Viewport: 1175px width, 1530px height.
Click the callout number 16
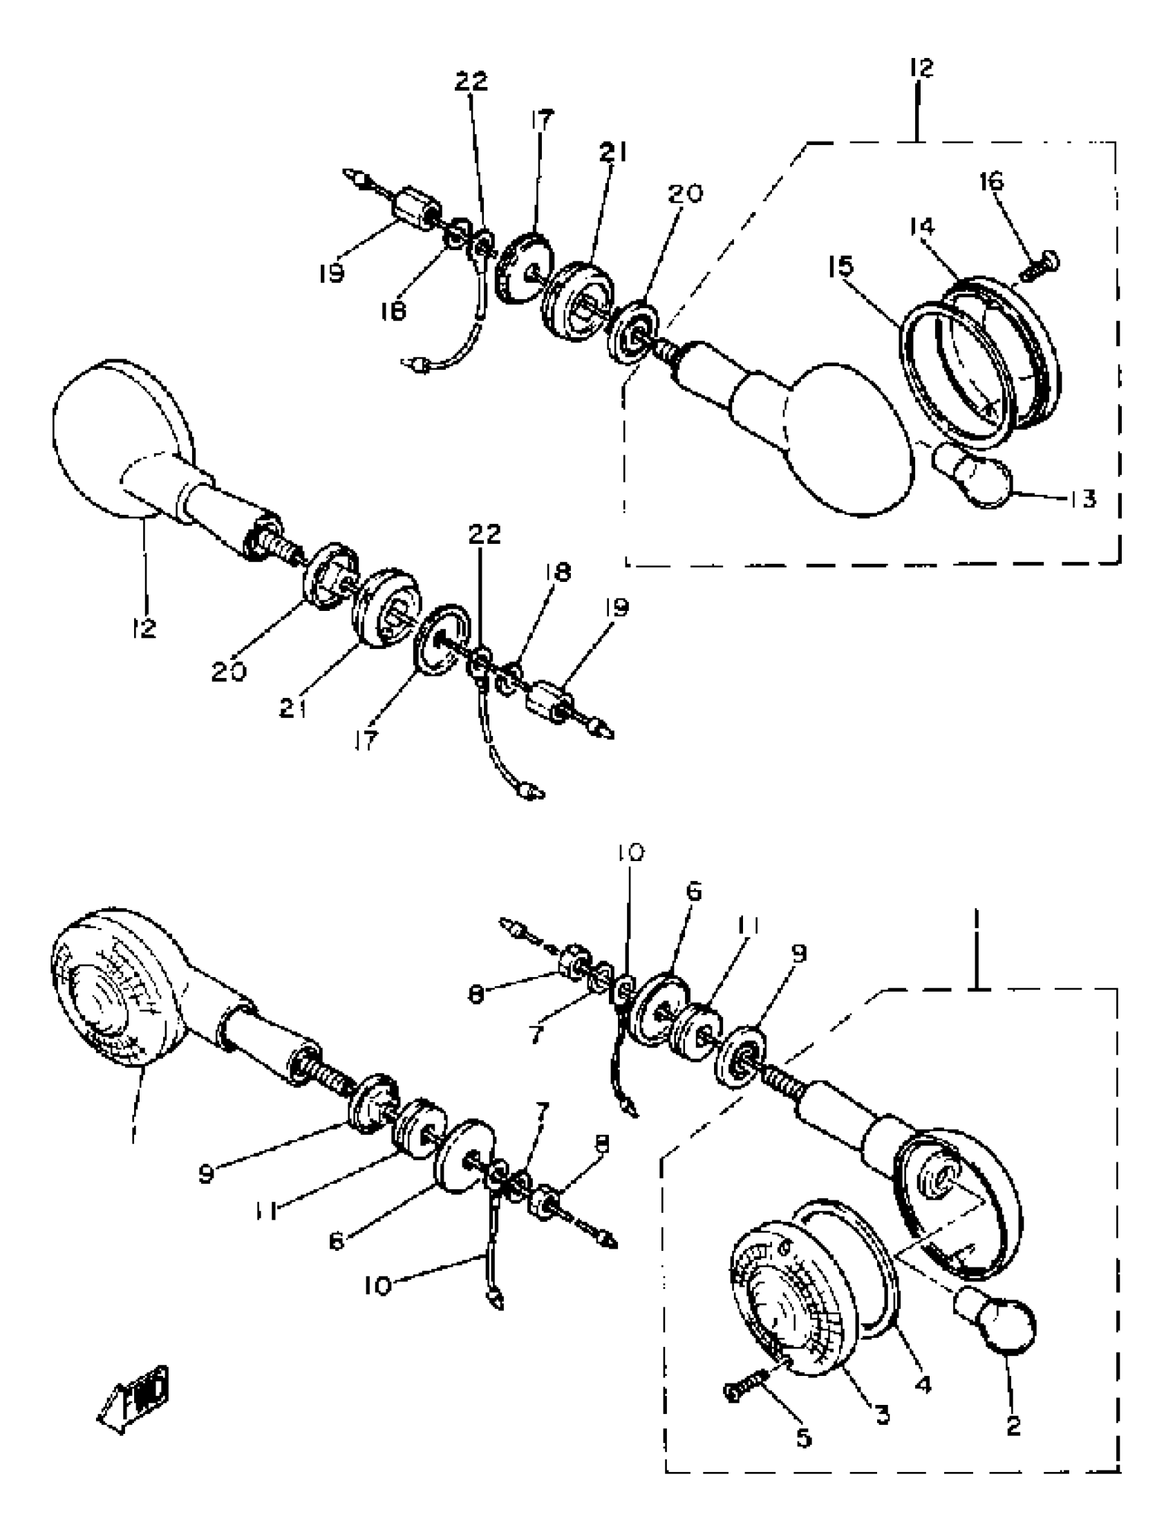point(991,181)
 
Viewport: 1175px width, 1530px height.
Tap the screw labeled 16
point(1041,267)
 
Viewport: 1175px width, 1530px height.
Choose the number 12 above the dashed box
point(922,68)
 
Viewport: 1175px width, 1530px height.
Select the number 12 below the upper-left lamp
point(144,628)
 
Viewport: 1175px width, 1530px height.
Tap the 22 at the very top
point(471,82)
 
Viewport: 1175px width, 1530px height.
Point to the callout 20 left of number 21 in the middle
point(229,672)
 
